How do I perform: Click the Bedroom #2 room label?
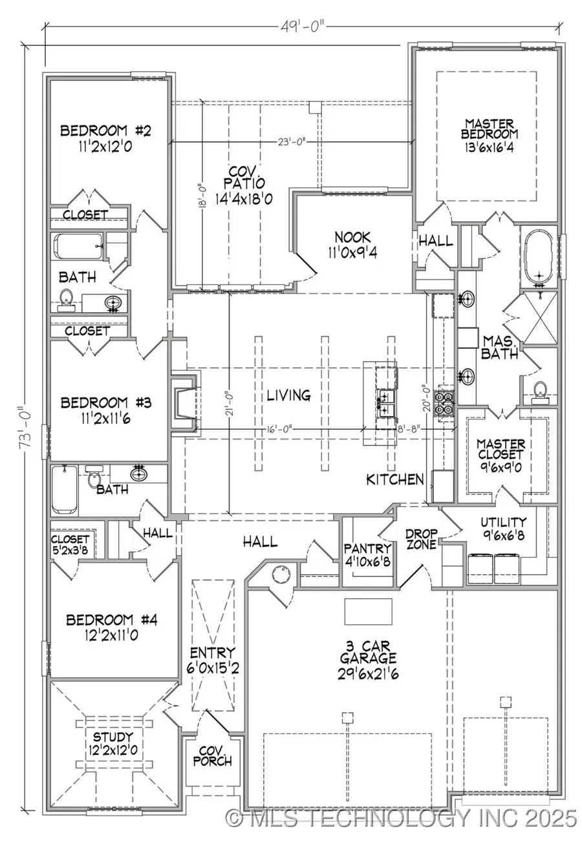click(105, 131)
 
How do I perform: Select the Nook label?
click(351, 236)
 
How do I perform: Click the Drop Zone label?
click(422, 538)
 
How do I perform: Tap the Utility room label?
click(504, 521)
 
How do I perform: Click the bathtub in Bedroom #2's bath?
click(78, 246)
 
